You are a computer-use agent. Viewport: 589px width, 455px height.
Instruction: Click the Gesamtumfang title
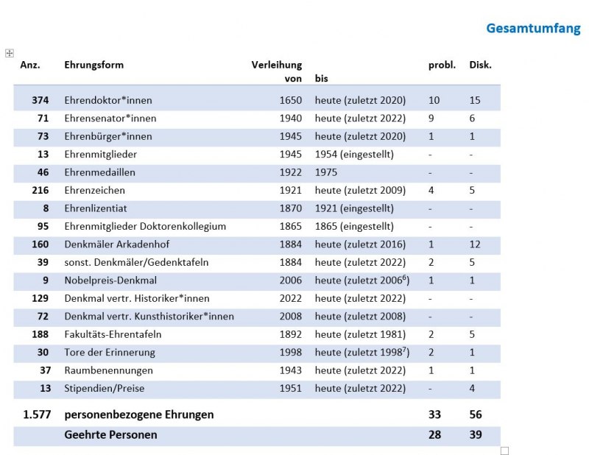click(x=533, y=29)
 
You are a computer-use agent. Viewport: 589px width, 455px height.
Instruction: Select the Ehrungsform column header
click(x=94, y=66)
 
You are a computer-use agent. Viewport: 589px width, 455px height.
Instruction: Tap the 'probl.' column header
click(x=442, y=66)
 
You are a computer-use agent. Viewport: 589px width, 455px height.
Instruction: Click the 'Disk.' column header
click(x=481, y=65)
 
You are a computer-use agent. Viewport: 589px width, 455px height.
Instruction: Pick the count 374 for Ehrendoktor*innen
click(x=40, y=100)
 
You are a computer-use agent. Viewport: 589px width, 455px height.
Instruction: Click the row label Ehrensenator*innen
click(x=110, y=119)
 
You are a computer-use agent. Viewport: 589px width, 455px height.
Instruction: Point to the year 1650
click(x=290, y=100)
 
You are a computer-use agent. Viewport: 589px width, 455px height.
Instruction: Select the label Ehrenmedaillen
click(x=99, y=172)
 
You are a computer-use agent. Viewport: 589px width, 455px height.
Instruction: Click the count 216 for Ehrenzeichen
click(x=40, y=191)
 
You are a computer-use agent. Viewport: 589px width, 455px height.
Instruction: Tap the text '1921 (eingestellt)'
click(x=354, y=208)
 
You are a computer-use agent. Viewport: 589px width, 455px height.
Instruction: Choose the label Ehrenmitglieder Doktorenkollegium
click(x=145, y=227)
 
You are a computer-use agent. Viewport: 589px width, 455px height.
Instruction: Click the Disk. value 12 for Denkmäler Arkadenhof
click(x=475, y=244)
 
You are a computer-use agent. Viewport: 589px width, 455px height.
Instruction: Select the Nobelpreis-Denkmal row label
click(x=110, y=281)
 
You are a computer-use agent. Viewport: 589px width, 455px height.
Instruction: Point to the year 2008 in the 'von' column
click(x=290, y=317)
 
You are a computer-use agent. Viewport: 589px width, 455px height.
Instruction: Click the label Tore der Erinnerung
click(x=110, y=353)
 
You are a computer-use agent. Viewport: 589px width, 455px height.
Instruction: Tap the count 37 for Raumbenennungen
click(x=45, y=371)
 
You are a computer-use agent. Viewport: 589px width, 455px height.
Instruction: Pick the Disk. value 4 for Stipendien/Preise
click(x=472, y=389)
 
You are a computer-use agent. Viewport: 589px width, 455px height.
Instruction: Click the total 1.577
click(x=37, y=415)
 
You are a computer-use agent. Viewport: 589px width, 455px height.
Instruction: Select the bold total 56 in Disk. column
click(x=476, y=415)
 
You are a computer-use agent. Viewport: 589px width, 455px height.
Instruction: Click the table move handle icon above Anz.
click(x=10, y=53)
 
